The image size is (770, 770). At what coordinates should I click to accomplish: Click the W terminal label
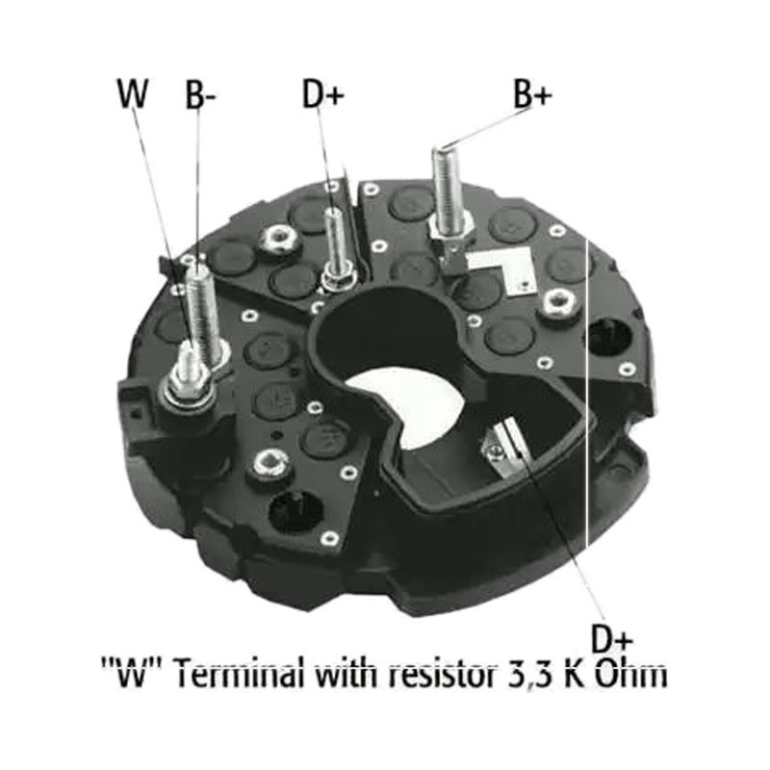point(133,93)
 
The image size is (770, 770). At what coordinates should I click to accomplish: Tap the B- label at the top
point(200,94)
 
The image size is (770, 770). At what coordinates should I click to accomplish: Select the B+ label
point(533,93)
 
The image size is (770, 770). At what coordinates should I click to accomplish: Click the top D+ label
point(322,94)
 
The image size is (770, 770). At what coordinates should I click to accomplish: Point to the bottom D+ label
point(611,639)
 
